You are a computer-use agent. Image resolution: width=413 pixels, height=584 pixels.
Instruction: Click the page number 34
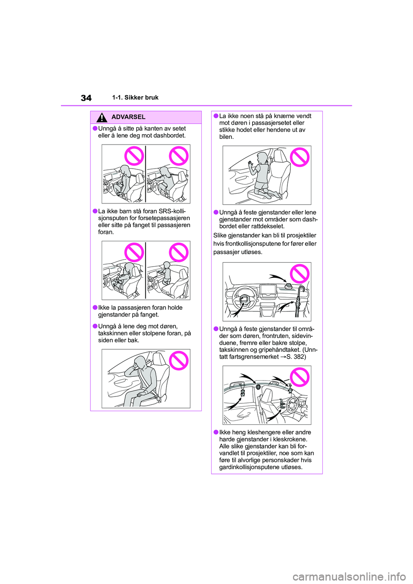point(86,98)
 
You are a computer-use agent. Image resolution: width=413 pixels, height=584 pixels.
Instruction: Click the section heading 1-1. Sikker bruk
point(136,98)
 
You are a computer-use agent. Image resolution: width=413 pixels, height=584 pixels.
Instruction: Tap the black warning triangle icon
point(102,117)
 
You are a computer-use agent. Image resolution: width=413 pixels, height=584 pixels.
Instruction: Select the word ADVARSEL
point(128,117)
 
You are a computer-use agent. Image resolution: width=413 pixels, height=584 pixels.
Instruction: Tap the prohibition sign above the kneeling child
point(300,157)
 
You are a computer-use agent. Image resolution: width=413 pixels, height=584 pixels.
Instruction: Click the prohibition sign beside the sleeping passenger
point(179,360)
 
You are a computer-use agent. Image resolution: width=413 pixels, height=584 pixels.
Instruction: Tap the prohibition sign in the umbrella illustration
point(300,274)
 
